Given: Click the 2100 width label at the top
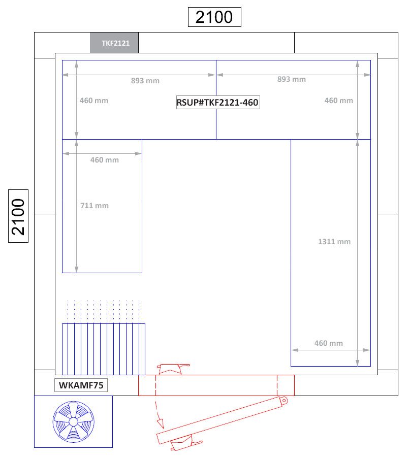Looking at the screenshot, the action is click(214, 17).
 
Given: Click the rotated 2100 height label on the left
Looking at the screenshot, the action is click(18, 216).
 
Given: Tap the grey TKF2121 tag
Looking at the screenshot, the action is click(114, 43).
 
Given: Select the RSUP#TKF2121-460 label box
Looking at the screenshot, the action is click(218, 102).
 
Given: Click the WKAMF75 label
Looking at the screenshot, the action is click(81, 385).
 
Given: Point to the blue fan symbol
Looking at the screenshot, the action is click(73, 422).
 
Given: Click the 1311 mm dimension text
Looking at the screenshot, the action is click(334, 242).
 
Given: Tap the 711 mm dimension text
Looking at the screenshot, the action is click(95, 206).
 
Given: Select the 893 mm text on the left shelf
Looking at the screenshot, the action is click(145, 81).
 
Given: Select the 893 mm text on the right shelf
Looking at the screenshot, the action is click(292, 79).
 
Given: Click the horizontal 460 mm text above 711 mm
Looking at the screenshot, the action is click(104, 160).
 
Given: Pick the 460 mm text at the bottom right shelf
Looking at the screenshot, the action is click(329, 343).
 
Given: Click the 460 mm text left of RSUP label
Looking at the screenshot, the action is click(94, 101).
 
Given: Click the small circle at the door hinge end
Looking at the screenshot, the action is click(284, 401).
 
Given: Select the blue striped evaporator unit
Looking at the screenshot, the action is click(104, 349).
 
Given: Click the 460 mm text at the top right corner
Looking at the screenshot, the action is click(338, 101).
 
